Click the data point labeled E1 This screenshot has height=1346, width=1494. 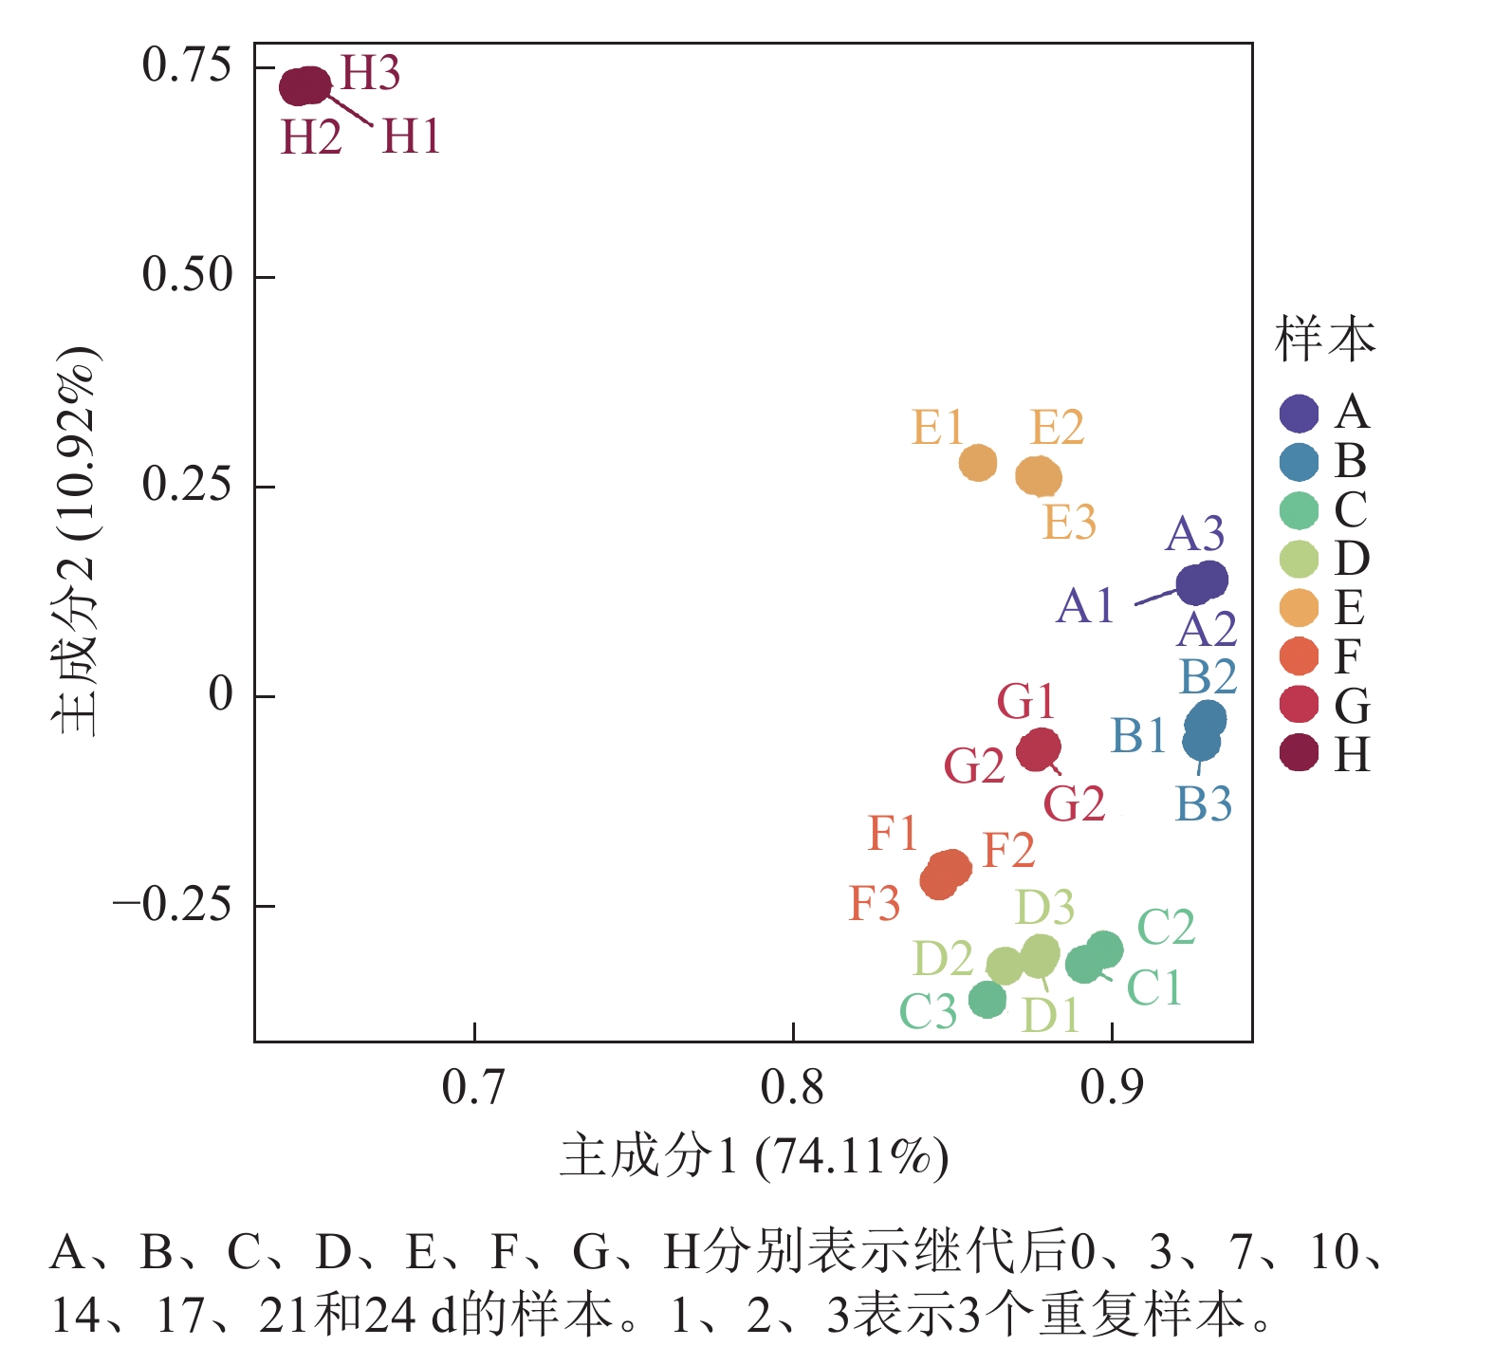coord(978,463)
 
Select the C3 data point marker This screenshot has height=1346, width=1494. coord(987,999)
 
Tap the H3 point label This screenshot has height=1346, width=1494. coord(370,73)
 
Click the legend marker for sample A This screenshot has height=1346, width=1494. coord(1299,414)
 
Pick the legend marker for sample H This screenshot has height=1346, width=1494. coord(1299,754)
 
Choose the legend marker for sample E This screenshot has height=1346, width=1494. coord(1299,608)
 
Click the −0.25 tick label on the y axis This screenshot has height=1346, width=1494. coord(172,905)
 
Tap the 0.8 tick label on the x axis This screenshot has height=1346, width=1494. coord(792,1088)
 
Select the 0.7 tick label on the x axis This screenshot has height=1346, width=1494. coord(473,1088)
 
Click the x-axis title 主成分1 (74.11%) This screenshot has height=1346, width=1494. coord(754,1156)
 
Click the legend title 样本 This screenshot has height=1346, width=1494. coord(1324,340)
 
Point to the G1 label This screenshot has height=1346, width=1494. coord(1025,703)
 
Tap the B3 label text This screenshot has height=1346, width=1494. coord(1204,804)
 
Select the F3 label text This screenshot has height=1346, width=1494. coord(874,904)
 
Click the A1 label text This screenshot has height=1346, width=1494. coord(1084,606)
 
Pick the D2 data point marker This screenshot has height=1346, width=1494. coord(1005,966)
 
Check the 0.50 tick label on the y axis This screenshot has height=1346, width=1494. coord(187,276)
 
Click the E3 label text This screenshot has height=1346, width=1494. coord(1069,523)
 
